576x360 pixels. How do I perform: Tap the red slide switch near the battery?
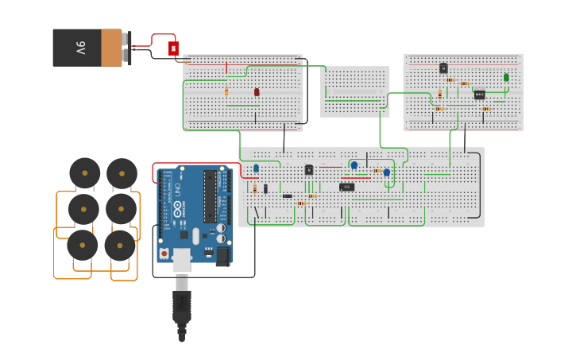point(173,48)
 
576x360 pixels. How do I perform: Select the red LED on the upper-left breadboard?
point(257,92)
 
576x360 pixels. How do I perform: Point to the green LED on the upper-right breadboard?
point(506,78)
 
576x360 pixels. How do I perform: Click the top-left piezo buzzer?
point(85,173)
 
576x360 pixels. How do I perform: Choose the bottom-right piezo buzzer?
point(120,246)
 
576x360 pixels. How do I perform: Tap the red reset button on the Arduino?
point(164,254)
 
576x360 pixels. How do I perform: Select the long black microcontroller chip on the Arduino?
point(210,196)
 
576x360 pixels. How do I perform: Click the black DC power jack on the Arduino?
point(223,255)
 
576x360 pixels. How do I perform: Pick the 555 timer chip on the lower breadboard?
point(346,187)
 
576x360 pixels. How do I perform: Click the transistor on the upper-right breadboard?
point(443,68)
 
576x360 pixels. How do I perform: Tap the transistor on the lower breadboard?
point(309,169)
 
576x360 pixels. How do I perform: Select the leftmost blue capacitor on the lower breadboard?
point(256,168)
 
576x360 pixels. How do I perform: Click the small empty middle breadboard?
point(355,91)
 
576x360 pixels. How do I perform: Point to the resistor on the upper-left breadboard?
point(226,91)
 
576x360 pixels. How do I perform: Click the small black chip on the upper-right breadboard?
point(479,95)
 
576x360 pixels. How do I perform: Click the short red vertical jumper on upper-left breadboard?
point(226,68)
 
